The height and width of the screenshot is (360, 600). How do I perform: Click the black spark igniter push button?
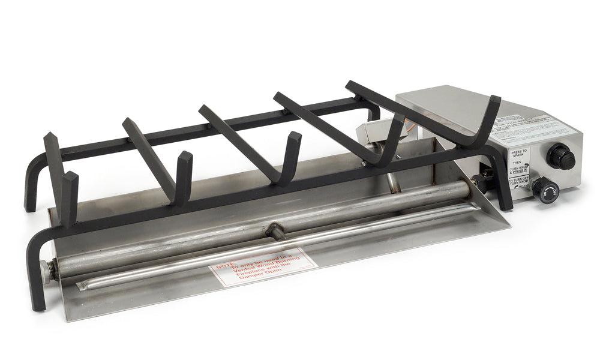[x=560, y=157]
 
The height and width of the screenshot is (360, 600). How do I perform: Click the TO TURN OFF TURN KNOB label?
[x=520, y=182]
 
